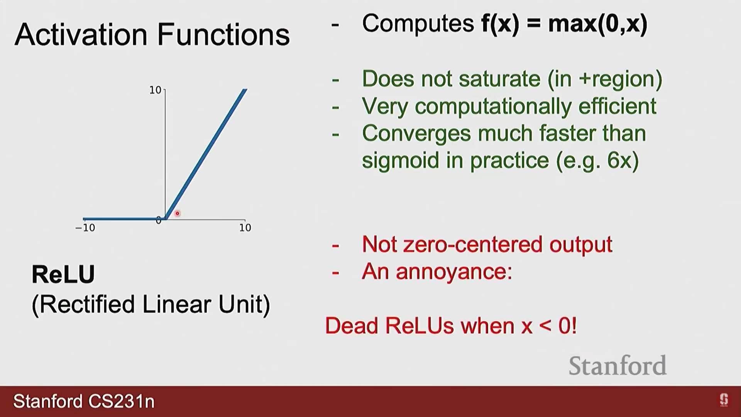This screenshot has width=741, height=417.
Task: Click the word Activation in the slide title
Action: (x=81, y=34)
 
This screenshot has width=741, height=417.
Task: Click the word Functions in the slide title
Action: (x=223, y=34)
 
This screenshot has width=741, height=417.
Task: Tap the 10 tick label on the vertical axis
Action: (x=155, y=90)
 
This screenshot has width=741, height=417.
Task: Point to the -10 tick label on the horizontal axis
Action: (x=85, y=228)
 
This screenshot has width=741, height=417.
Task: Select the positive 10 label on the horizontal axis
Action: (x=245, y=228)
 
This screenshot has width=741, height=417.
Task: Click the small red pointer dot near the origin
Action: (x=178, y=213)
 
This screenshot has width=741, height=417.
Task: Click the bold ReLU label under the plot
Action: (x=63, y=275)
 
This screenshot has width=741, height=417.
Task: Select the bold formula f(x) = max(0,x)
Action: (x=564, y=24)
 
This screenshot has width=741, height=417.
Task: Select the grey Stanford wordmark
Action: (x=617, y=366)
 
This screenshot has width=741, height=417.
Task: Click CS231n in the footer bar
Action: (x=122, y=402)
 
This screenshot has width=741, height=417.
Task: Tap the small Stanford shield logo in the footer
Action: (x=724, y=400)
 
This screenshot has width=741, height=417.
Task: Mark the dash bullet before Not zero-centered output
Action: (x=335, y=246)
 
